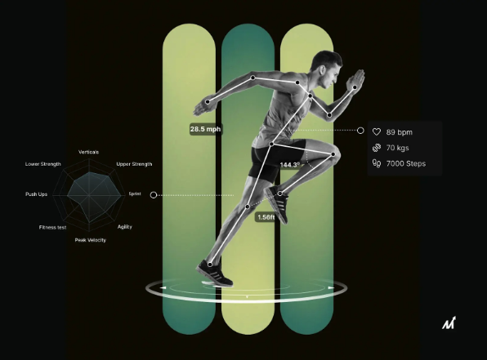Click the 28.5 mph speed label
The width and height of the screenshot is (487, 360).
click(205, 129)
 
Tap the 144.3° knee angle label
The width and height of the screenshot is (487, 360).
click(290, 165)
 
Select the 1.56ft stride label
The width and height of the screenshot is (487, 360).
click(266, 217)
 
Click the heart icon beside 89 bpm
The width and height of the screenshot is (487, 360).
click(377, 132)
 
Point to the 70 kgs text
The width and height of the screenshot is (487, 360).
click(398, 148)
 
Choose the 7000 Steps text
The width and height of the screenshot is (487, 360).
click(406, 163)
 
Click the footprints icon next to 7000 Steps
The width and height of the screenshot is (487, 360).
click(377, 163)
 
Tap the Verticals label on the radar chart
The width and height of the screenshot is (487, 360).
click(88, 152)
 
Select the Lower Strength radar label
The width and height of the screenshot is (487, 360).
click(42, 164)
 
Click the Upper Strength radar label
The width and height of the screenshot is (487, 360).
click(134, 164)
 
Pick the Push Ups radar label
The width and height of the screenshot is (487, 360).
click(36, 194)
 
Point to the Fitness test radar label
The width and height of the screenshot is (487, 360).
click(53, 228)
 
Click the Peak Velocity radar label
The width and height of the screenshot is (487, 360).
click(91, 240)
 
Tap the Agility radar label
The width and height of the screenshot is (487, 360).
click(125, 227)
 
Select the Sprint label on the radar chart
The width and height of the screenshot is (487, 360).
click(135, 193)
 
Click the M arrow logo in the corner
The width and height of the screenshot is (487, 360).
click(449, 323)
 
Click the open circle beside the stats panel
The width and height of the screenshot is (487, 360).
click(360, 131)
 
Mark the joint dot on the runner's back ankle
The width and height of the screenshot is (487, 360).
click(210, 264)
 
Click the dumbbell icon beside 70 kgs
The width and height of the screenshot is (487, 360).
click(377, 148)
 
